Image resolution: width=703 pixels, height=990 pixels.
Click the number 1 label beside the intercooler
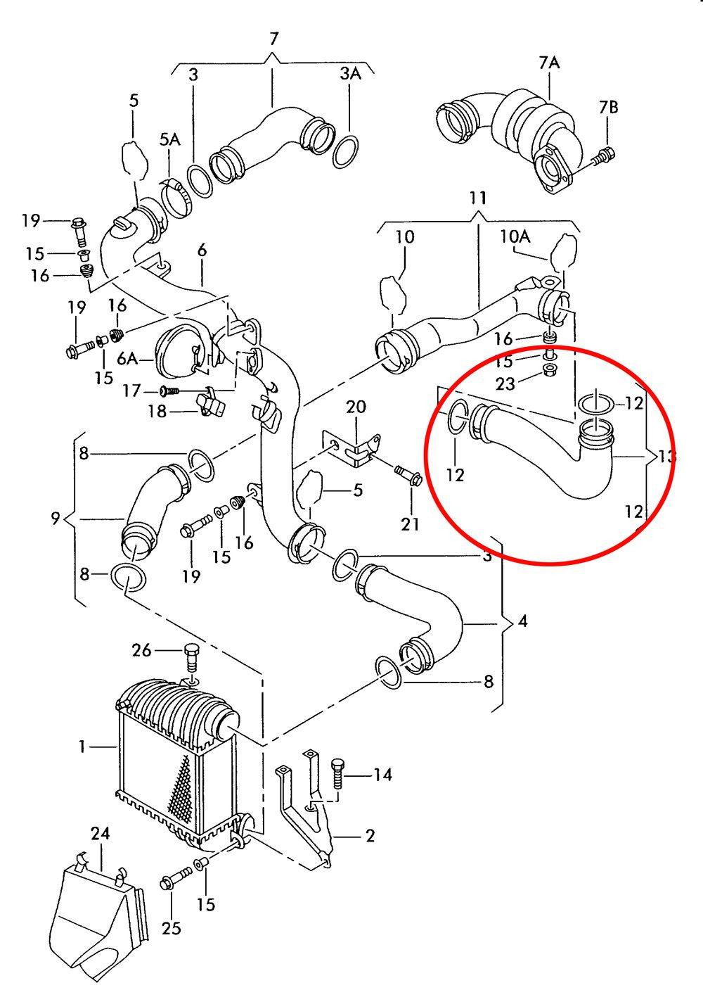click(82, 746)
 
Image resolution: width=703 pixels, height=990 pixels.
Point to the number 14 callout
click(382, 775)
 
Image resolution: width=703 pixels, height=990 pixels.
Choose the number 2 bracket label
click(370, 836)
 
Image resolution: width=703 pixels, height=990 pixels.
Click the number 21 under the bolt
click(410, 523)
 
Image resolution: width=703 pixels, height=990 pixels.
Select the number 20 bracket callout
click(356, 407)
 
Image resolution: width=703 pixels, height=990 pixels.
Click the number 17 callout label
click(131, 390)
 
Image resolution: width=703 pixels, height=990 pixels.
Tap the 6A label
click(127, 359)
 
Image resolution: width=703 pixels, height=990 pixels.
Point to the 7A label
click(549, 63)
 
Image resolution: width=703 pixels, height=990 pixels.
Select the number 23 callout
click(505, 383)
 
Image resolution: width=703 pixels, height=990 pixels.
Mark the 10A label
click(515, 236)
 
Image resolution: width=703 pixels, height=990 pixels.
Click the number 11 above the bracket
click(478, 198)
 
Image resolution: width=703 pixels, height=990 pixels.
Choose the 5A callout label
click(169, 140)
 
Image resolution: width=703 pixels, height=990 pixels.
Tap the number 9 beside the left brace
click(56, 519)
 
